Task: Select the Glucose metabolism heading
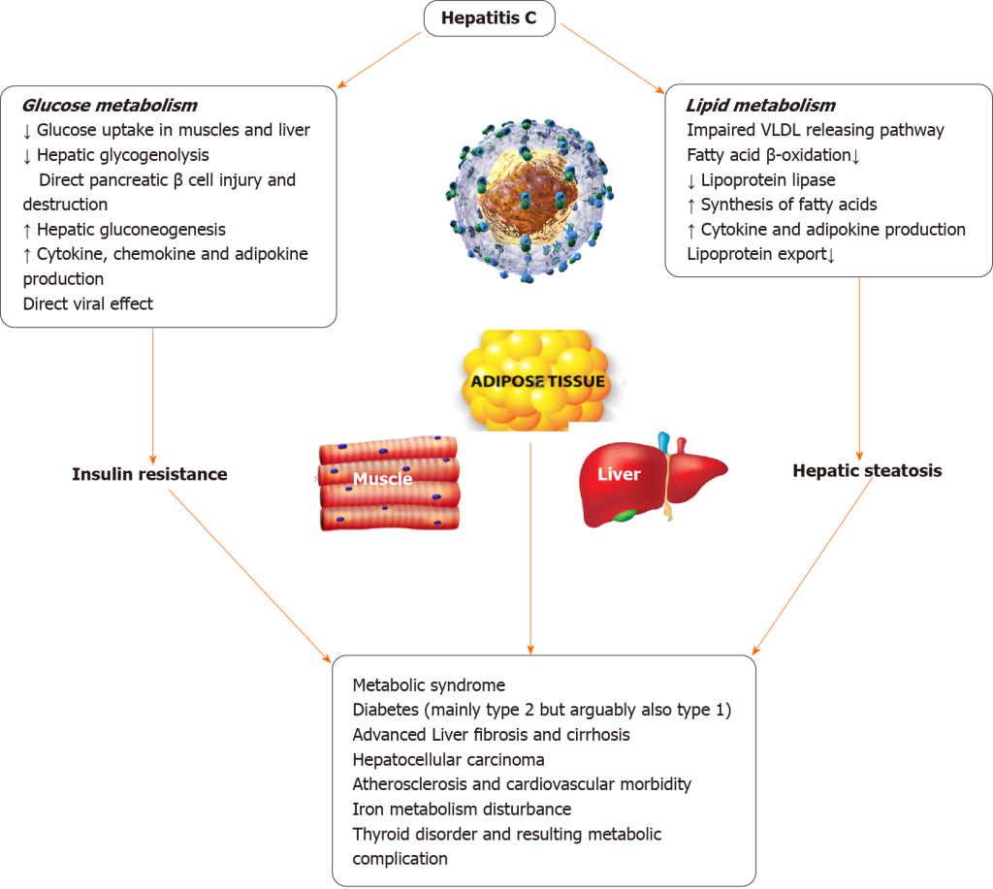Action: pyautogui.click(x=110, y=105)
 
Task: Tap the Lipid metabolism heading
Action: pyautogui.click(x=760, y=105)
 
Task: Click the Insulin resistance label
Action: pyautogui.click(x=149, y=474)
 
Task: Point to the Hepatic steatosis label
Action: pyautogui.click(x=867, y=471)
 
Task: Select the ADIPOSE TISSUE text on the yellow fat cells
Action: pyautogui.click(x=537, y=381)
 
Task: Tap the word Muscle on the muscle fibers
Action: pyautogui.click(x=382, y=478)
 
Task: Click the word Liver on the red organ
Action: pyautogui.click(x=620, y=474)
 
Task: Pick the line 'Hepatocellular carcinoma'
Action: pyautogui.click(x=448, y=759)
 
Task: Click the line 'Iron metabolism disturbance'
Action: pyautogui.click(x=462, y=809)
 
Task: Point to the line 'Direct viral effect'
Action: pyautogui.click(x=88, y=303)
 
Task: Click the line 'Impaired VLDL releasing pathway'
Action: pyautogui.click(x=815, y=130)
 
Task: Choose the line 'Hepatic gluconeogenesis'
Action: pyautogui.click(x=131, y=230)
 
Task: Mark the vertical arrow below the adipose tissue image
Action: pyautogui.click(x=530, y=543)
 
